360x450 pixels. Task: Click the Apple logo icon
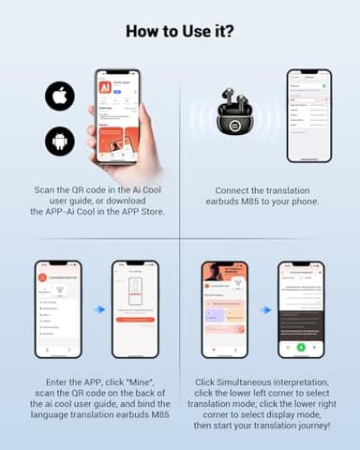pos(59,96)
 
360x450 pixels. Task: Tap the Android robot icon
pos(59,141)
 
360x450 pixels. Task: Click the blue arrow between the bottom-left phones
pos(98,309)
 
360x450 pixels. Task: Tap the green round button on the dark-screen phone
pos(300,347)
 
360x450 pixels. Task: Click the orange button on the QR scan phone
pos(135,320)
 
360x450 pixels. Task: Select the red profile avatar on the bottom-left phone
pos(41,277)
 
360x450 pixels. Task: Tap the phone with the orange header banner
pos(225,309)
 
